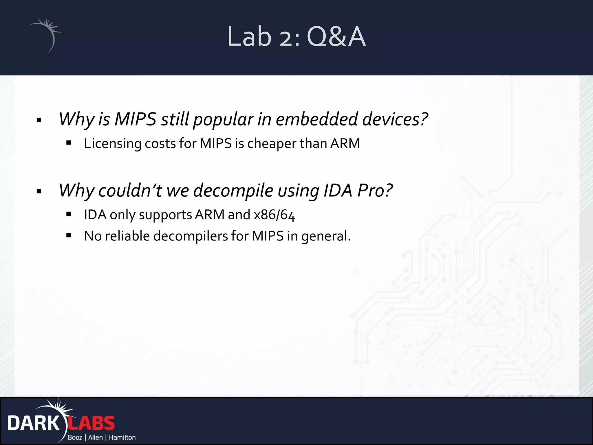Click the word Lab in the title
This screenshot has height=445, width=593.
coord(249,37)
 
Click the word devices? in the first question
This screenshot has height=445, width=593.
coord(395,119)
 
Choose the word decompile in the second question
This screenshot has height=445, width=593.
coord(233,191)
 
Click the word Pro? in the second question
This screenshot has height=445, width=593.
coord(375,191)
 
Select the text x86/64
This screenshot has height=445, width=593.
coord(274,215)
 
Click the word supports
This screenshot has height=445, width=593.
coord(165,215)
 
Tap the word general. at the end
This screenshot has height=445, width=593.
coord(326,236)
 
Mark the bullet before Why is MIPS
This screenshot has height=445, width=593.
coord(39,120)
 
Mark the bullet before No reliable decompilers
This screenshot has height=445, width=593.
coord(69,235)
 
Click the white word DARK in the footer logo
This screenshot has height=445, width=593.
coord(33,423)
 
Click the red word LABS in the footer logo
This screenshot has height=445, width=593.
coord(91,423)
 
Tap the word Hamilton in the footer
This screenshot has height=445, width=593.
coord(122,437)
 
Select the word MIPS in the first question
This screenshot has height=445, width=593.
coord(135,119)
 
